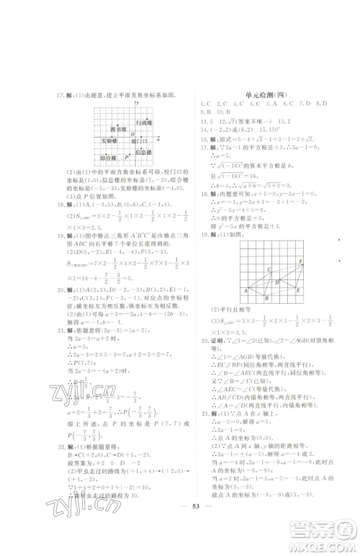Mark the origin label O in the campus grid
[131, 134]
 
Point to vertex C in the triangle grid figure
[269, 270]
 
